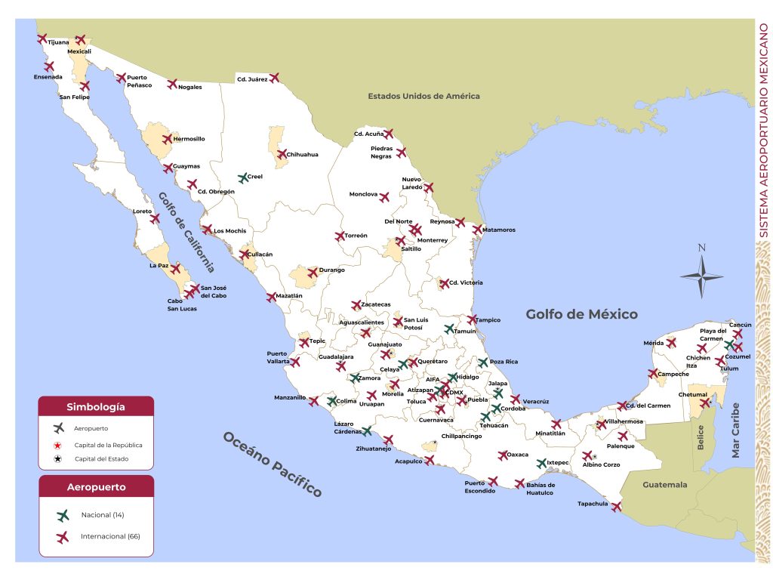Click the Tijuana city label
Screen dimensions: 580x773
point(58,42)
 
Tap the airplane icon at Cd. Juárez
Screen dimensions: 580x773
point(274,77)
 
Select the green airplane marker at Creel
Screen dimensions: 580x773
point(243,178)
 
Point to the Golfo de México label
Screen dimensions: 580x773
point(581,314)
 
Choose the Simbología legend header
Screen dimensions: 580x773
point(96,406)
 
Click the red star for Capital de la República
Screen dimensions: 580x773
point(58,445)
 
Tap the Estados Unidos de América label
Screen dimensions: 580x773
point(423,96)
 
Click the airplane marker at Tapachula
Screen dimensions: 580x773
point(617,507)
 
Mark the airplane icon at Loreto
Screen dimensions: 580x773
point(155,218)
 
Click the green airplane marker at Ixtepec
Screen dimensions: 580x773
point(541,463)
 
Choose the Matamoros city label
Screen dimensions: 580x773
point(498,230)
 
